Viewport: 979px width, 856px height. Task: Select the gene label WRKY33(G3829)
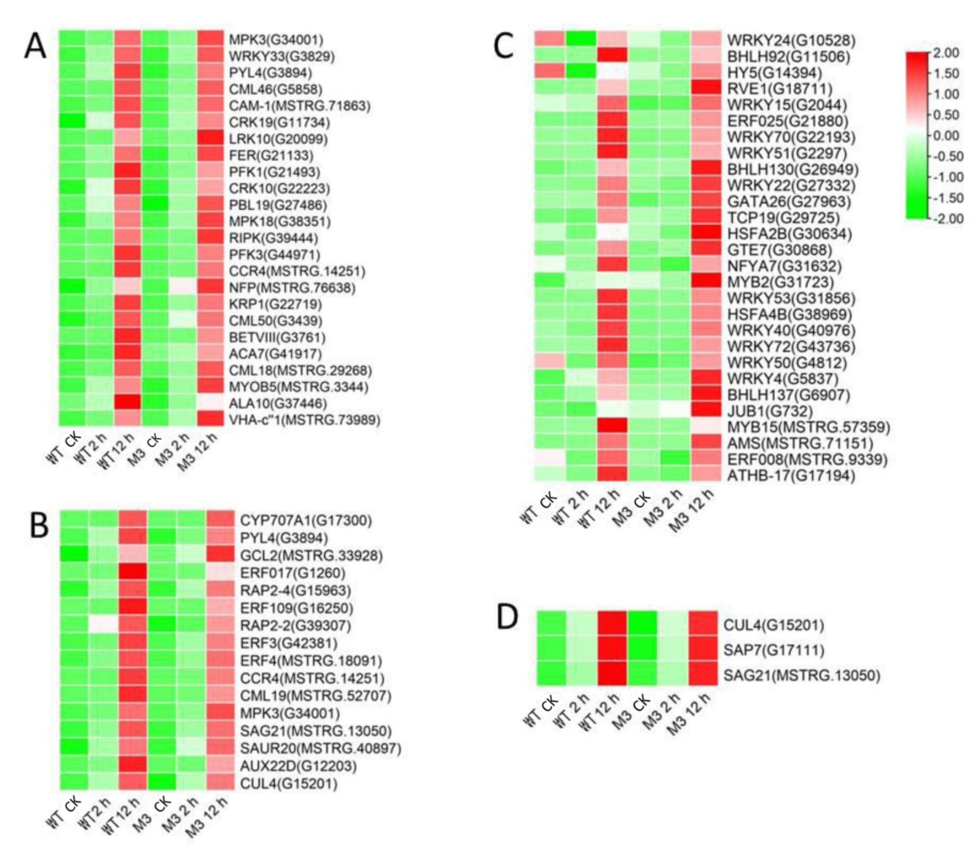coord(282,56)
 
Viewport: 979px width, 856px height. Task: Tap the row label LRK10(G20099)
coord(278,139)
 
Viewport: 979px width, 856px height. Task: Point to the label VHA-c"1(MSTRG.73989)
coord(304,420)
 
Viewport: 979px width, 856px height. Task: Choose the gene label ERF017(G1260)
coord(292,573)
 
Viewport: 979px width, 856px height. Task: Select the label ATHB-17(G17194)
coord(791,475)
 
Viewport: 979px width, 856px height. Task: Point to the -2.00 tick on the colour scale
coord(943,219)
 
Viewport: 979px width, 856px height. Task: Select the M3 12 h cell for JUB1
coord(706,410)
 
